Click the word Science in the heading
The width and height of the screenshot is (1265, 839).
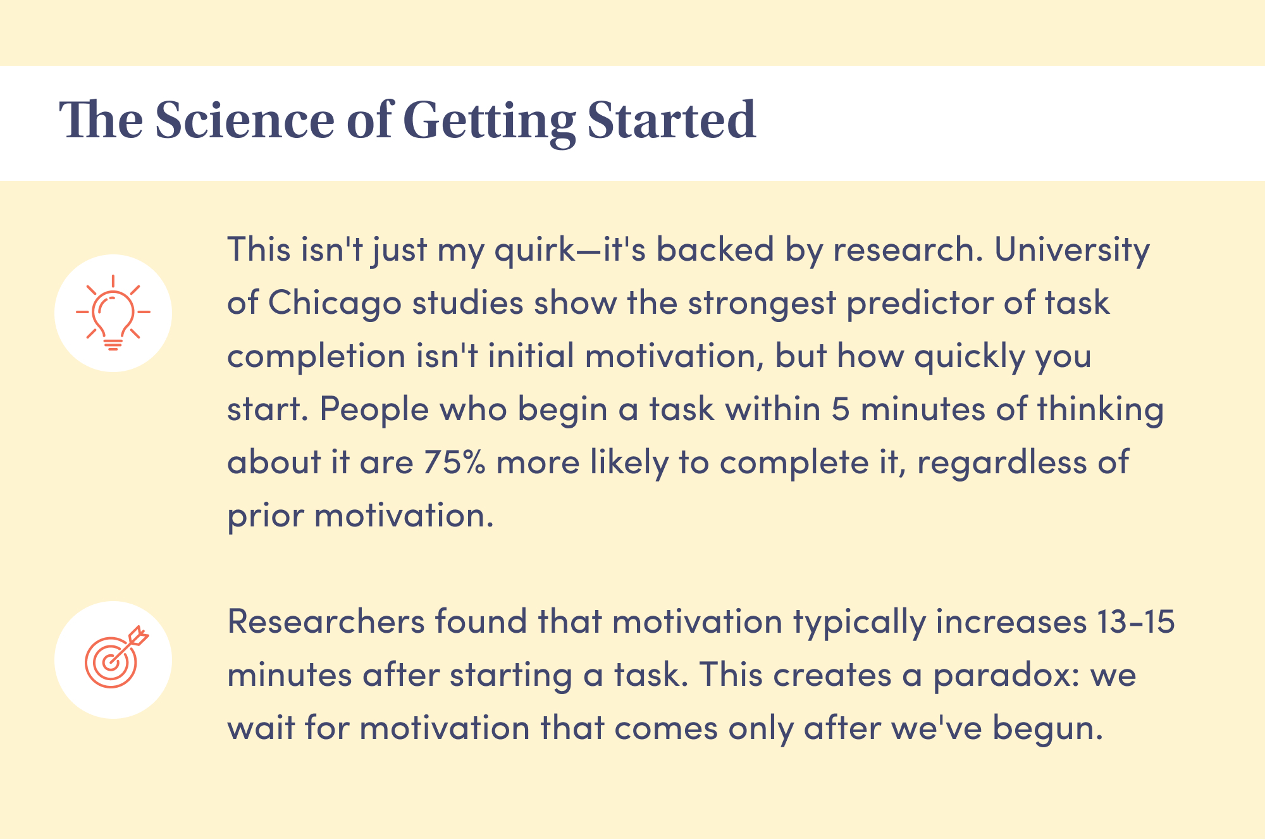(244, 120)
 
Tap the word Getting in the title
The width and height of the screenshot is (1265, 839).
(489, 122)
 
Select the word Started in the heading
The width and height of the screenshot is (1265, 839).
(672, 120)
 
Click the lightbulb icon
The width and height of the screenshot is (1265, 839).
(113, 313)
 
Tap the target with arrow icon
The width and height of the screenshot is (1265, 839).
(116, 657)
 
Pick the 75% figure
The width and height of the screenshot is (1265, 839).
(455, 463)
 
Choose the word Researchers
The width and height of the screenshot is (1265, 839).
(326, 622)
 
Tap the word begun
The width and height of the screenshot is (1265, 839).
(1047, 730)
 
